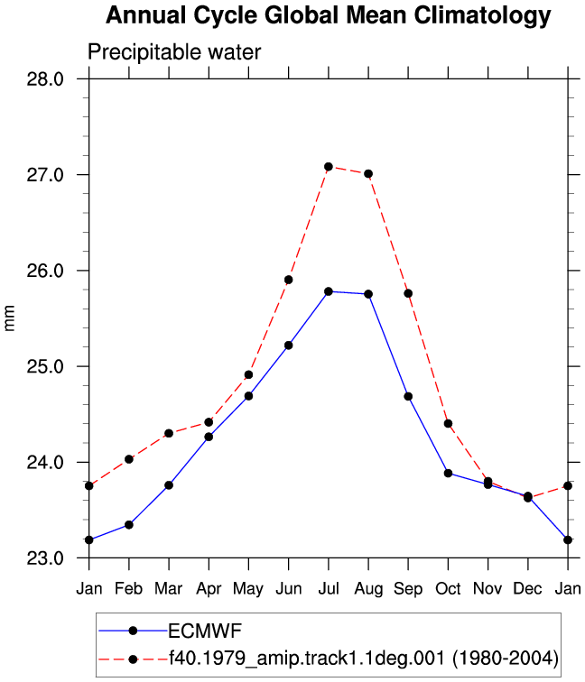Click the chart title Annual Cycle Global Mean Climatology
(329, 15)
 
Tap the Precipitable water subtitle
(174, 52)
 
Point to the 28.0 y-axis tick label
(45, 79)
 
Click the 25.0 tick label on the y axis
(45, 366)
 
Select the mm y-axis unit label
(9, 318)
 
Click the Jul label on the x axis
(329, 588)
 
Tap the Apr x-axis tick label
(209, 589)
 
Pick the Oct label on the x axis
(448, 588)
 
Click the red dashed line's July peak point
(329, 167)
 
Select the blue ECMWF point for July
(329, 291)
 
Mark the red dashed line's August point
(368, 174)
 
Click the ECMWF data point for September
(408, 397)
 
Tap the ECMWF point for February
(129, 525)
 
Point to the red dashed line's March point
(169, 433)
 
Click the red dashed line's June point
(289, 280)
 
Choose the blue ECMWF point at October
(449, 474)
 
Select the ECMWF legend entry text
(205, 631)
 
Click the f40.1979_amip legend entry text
(364, 659)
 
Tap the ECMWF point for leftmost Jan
(89, 540)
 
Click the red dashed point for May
(248, 375)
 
